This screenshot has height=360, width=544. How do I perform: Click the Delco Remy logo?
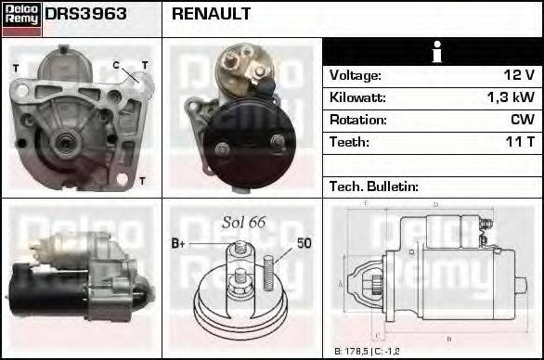pos(21,17)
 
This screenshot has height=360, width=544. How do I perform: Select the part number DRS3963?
pos(86,15)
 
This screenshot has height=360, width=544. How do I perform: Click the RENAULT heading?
pos(211,15)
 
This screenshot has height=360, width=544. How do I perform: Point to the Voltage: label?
pos(356,75)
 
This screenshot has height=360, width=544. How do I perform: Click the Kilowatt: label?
pos(357,97)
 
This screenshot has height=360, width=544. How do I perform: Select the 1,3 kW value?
pos(510,97)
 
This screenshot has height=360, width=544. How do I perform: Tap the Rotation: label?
pos(356,120)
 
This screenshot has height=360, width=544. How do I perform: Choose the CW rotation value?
pos(523,120)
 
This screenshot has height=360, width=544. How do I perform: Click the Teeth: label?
pos(349,142)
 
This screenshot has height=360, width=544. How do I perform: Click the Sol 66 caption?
pos(244,222)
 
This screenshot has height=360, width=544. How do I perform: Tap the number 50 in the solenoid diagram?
pos(304,244)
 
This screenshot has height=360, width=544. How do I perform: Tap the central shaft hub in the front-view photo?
pos(65,141)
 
